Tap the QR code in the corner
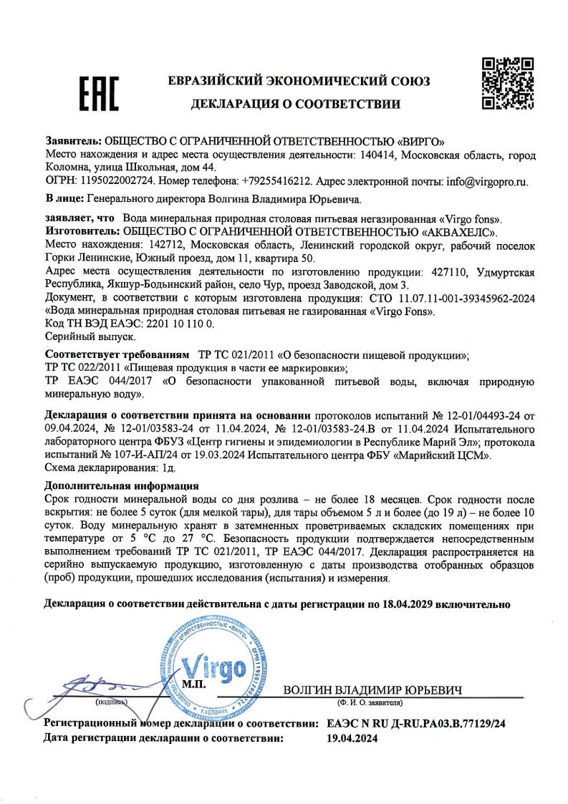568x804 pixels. coord(506,84)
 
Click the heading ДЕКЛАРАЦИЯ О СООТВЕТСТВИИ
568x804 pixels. coord(294,107)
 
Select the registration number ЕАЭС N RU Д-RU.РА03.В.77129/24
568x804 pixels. coord(415,725)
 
